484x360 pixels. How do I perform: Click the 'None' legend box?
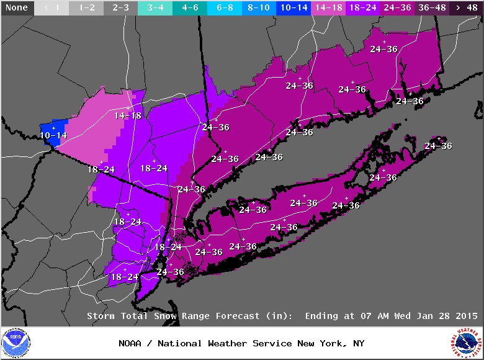click(x=16, y=8)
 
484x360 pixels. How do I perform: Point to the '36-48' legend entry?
click(x=431, y=8)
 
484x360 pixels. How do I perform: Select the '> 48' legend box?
click(x=467, y=8)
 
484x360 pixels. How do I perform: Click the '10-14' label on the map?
click(x=53, y=135)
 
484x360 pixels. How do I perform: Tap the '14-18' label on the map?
click(x=127, y=115)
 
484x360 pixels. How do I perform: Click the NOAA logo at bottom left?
click(x=16, y=343)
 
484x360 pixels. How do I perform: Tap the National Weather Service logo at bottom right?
click(x=467, y=343)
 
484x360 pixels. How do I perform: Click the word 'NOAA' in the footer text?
click(x=132, y=343)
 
